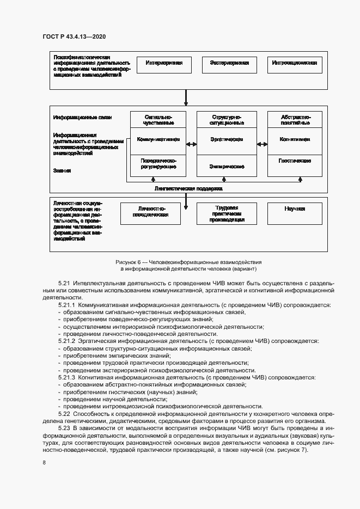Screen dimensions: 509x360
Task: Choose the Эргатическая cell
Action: click(227, 140)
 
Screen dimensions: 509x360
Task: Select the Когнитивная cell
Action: click(295, 140)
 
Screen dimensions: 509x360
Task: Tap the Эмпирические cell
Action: click(227, 166)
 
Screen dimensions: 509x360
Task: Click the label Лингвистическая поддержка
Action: click(189, 188)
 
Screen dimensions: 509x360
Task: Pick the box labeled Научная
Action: click(295, 210)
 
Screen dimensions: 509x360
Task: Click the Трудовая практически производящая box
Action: click(227, 214)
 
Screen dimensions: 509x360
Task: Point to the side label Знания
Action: click(62, 170)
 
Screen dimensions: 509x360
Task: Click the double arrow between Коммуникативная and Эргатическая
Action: click(192, 144)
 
